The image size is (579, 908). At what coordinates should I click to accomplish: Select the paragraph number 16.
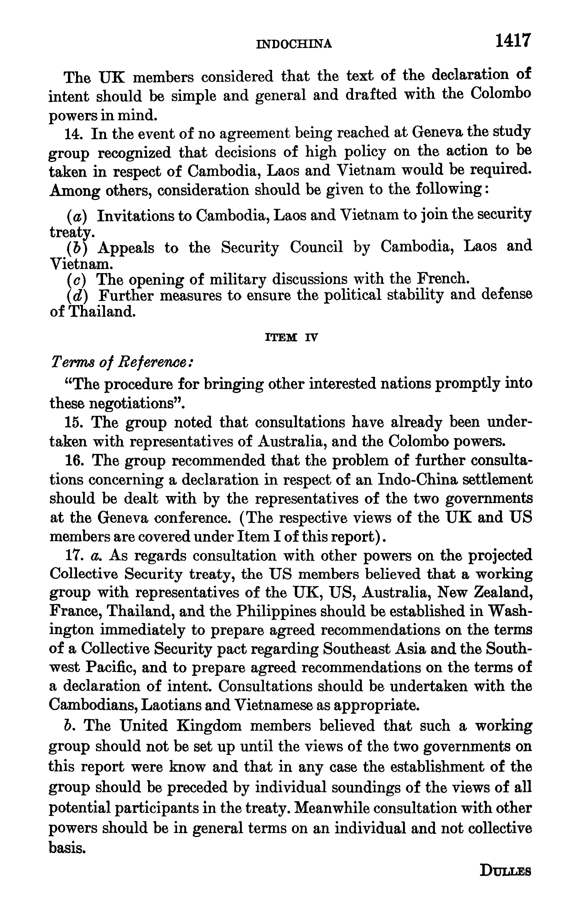point(73,460)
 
